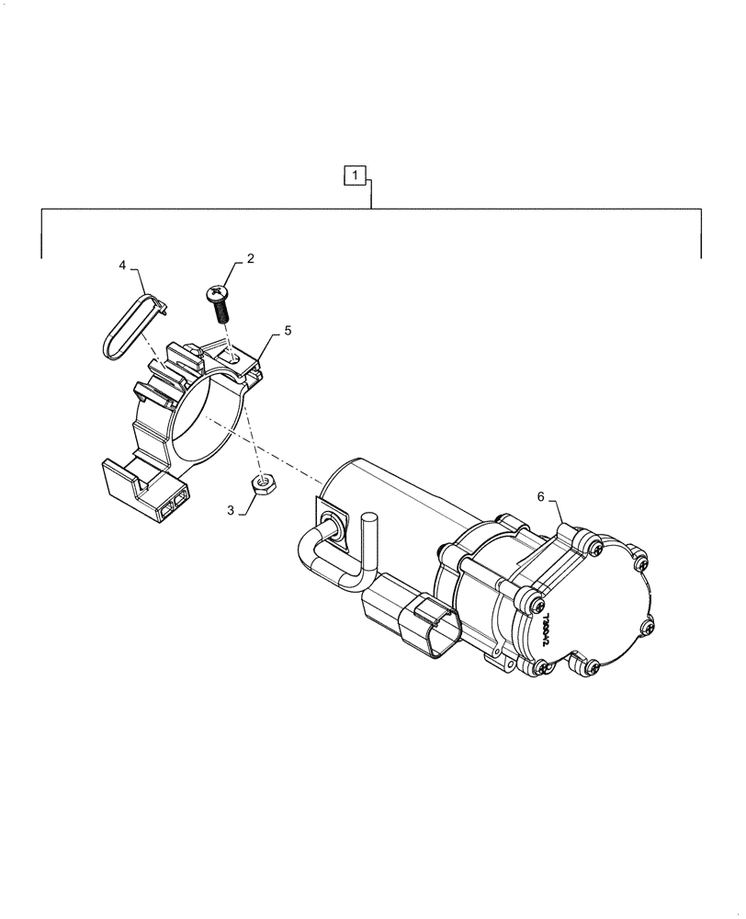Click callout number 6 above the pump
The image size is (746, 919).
(x=541, y=496)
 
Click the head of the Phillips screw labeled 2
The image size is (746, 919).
(x=218, y=294)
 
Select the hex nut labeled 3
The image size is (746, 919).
(x=265, y=482)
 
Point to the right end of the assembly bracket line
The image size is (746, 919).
(x=702, y=257)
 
